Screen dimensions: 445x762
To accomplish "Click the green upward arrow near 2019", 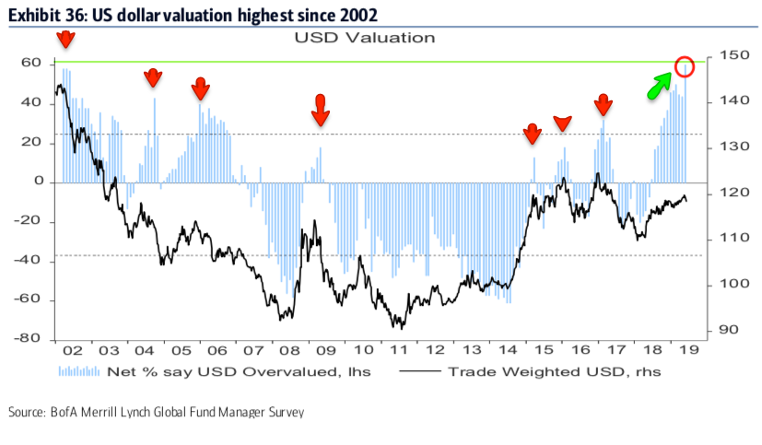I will pos(658,86).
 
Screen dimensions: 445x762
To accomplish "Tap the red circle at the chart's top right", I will pos(685,66).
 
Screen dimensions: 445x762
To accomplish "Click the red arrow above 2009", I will pos(320,109).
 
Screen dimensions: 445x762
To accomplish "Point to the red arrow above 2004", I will pos(153,78).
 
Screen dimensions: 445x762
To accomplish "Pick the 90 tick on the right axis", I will pos(726,330).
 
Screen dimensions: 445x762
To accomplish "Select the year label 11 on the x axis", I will pos(399,351).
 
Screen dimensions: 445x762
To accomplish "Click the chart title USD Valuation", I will pos(364,38).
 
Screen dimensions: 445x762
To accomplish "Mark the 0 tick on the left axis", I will pos(40,182).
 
